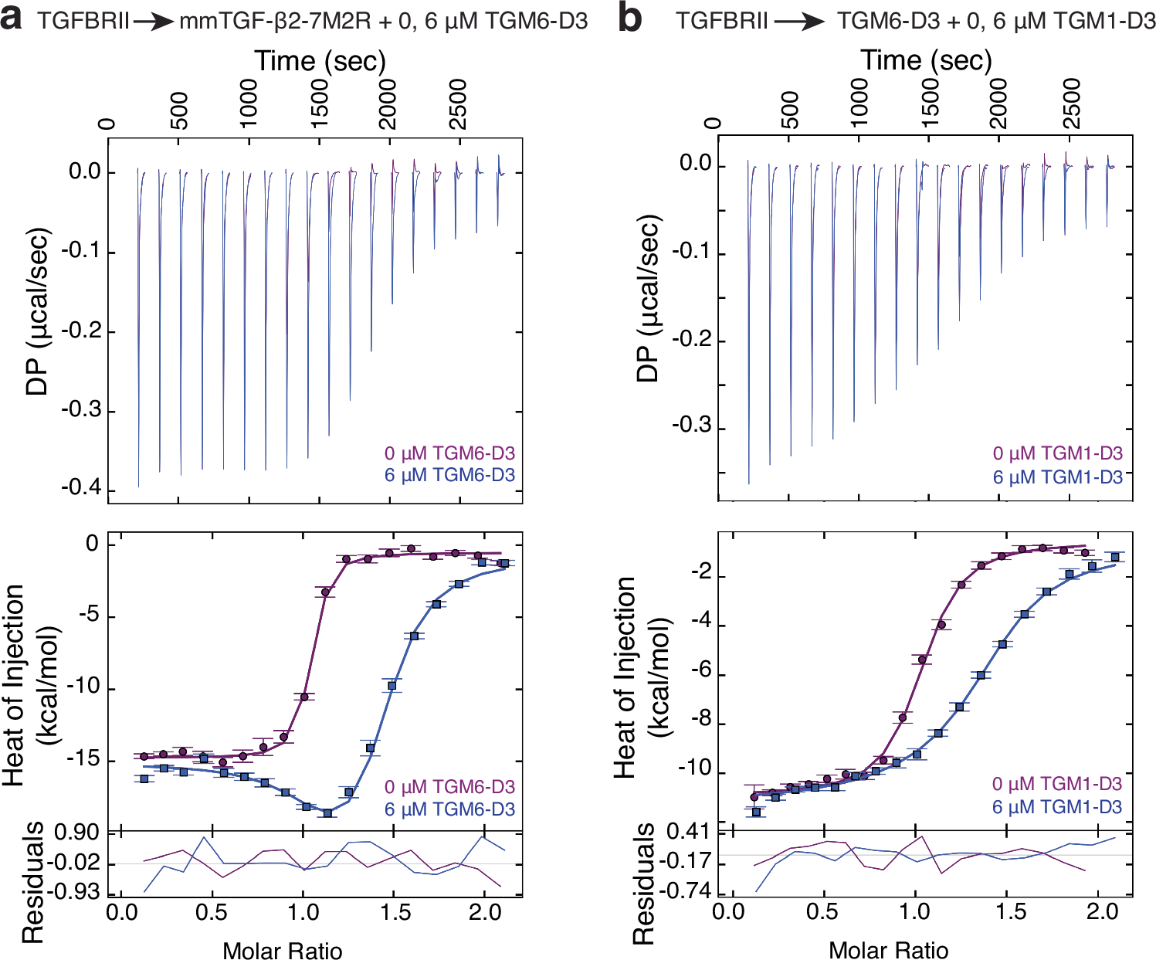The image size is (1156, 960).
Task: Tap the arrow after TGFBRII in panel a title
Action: [154, 21]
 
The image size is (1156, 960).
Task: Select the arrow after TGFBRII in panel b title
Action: [799, 21]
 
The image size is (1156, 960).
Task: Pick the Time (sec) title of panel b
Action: [926, 59]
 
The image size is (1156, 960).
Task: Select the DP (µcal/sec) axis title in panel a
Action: [37, 311]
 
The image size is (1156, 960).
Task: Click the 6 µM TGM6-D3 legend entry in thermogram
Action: [449, 475]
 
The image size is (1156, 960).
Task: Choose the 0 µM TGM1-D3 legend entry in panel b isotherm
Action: [1057, 784]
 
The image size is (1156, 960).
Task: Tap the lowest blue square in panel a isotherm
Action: [327, 813]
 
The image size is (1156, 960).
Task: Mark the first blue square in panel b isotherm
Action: [756, 812]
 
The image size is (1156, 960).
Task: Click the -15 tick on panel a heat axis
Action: [82, 760]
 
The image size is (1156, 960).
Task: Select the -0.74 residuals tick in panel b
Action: [690, 892]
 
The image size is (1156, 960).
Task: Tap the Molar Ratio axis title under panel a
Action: [283, 950]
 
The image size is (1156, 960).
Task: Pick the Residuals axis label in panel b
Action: [643, 884]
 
